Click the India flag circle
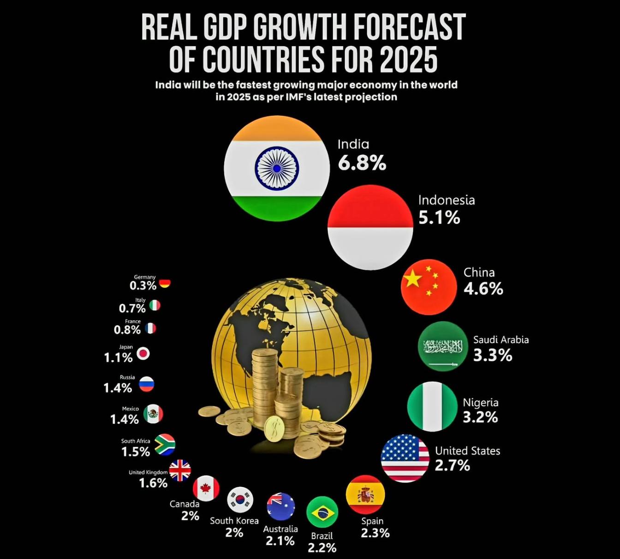tap(277, 168)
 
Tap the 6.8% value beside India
tap(362, 163)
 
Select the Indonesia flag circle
tap(370, 227)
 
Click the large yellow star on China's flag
tap(413, 278)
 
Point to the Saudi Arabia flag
tap(443, 346)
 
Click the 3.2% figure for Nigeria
tap(480, 417)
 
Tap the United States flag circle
tap(405, 458)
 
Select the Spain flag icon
tap(365, 494)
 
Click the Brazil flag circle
tap(322, 512)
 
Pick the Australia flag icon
tap(281, 506)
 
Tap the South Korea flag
tap(240, 500)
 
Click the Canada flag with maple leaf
tap(206, 488)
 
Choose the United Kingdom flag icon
tap(180, 470)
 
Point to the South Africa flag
tap(165, 445)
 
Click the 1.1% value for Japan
tap(118, 357)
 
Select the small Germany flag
tap(165, 284)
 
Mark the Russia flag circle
tap(147, 384)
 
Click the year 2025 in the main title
tap(408, 59)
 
